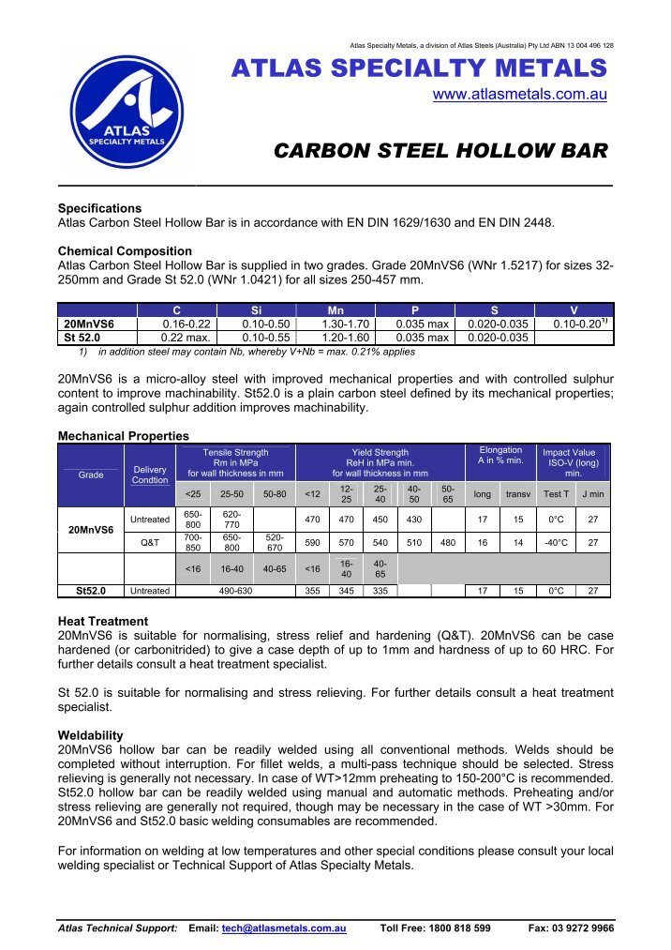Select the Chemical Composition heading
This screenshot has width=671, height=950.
click(125, 251)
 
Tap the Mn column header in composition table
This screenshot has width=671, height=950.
click(335, 309)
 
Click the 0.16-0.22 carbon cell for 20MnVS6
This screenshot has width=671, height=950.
click(177, 324)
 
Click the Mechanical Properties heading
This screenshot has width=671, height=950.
click(124, 436)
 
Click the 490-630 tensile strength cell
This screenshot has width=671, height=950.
click(235, 591)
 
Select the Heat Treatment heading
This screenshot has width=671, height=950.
click(103, 621)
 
